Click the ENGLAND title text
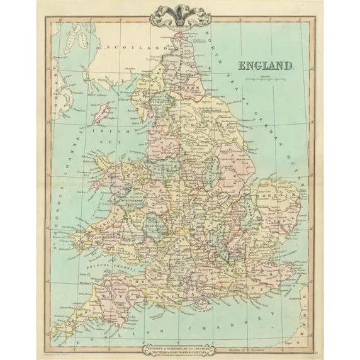coord(266,65)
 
